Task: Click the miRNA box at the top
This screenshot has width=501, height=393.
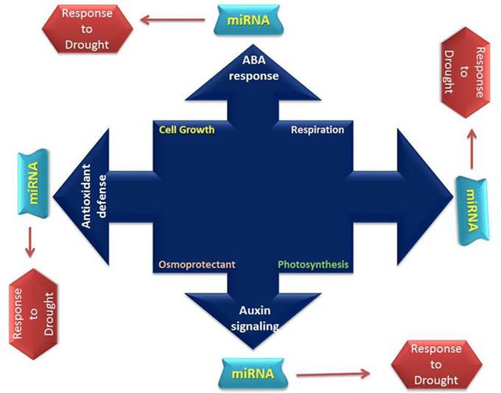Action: pos(245,19)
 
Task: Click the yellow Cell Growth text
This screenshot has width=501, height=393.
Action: pos(187,130)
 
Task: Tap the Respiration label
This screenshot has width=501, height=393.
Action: pos(317,130)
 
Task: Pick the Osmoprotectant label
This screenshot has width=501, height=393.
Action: pos(197,265)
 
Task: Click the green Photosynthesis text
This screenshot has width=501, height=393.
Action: pos(312,265)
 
